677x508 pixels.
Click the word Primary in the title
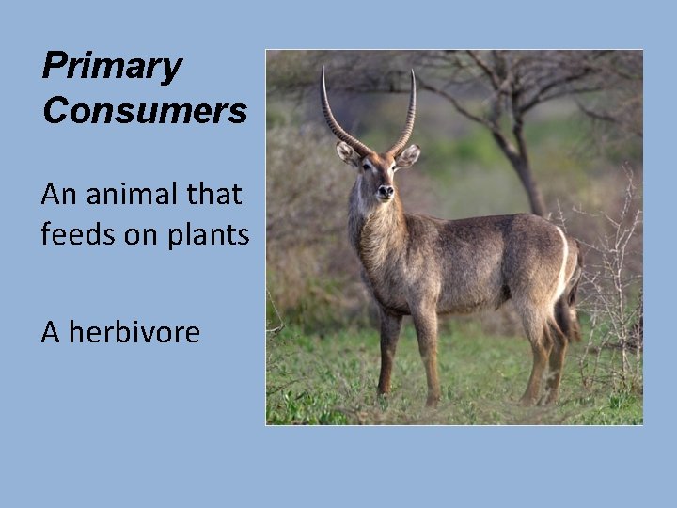click(111, 67)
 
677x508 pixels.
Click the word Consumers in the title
click(144, 110)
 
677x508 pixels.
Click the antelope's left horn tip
click(323, 69)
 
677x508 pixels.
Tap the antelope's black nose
click(385, 193)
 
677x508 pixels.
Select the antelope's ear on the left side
click(346, 152)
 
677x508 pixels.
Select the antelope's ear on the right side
click(408, 155)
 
